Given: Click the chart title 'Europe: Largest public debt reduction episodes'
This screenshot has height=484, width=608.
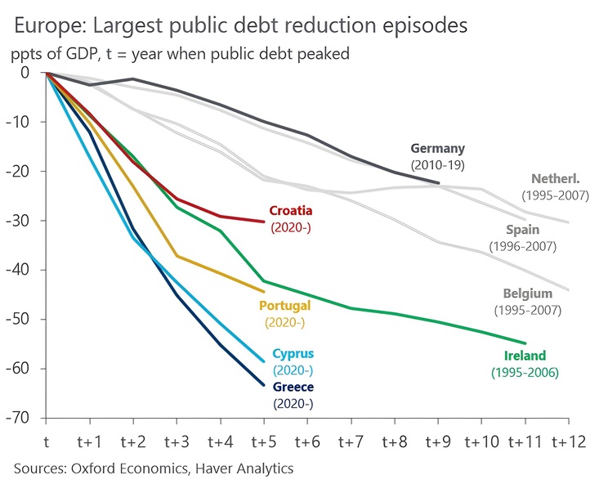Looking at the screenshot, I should pos(239,25).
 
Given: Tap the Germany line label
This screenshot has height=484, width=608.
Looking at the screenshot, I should pos(437,149).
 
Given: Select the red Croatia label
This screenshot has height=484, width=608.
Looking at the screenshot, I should pos(290,210).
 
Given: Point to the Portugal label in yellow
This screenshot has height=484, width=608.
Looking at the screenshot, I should pos(284,306).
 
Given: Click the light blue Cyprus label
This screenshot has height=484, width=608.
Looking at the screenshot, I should pos(293,354).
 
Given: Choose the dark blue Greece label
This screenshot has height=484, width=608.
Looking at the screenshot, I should pos(293,387).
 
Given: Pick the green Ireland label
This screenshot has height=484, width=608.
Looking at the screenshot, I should pos(525,356).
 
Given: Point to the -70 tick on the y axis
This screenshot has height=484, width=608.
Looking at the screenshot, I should pos(20,418).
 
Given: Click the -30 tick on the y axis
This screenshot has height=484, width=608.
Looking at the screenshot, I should pos(20,221).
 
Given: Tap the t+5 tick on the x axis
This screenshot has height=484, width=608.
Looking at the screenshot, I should pos(264,441).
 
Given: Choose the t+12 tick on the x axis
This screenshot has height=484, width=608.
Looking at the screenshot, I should pos(568,441).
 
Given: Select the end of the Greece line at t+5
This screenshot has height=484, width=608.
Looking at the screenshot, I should pos(264,384).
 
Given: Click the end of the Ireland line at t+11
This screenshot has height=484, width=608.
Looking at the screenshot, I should pos(525,343).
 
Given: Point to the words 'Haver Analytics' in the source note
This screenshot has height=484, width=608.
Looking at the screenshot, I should pos(247,468).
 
